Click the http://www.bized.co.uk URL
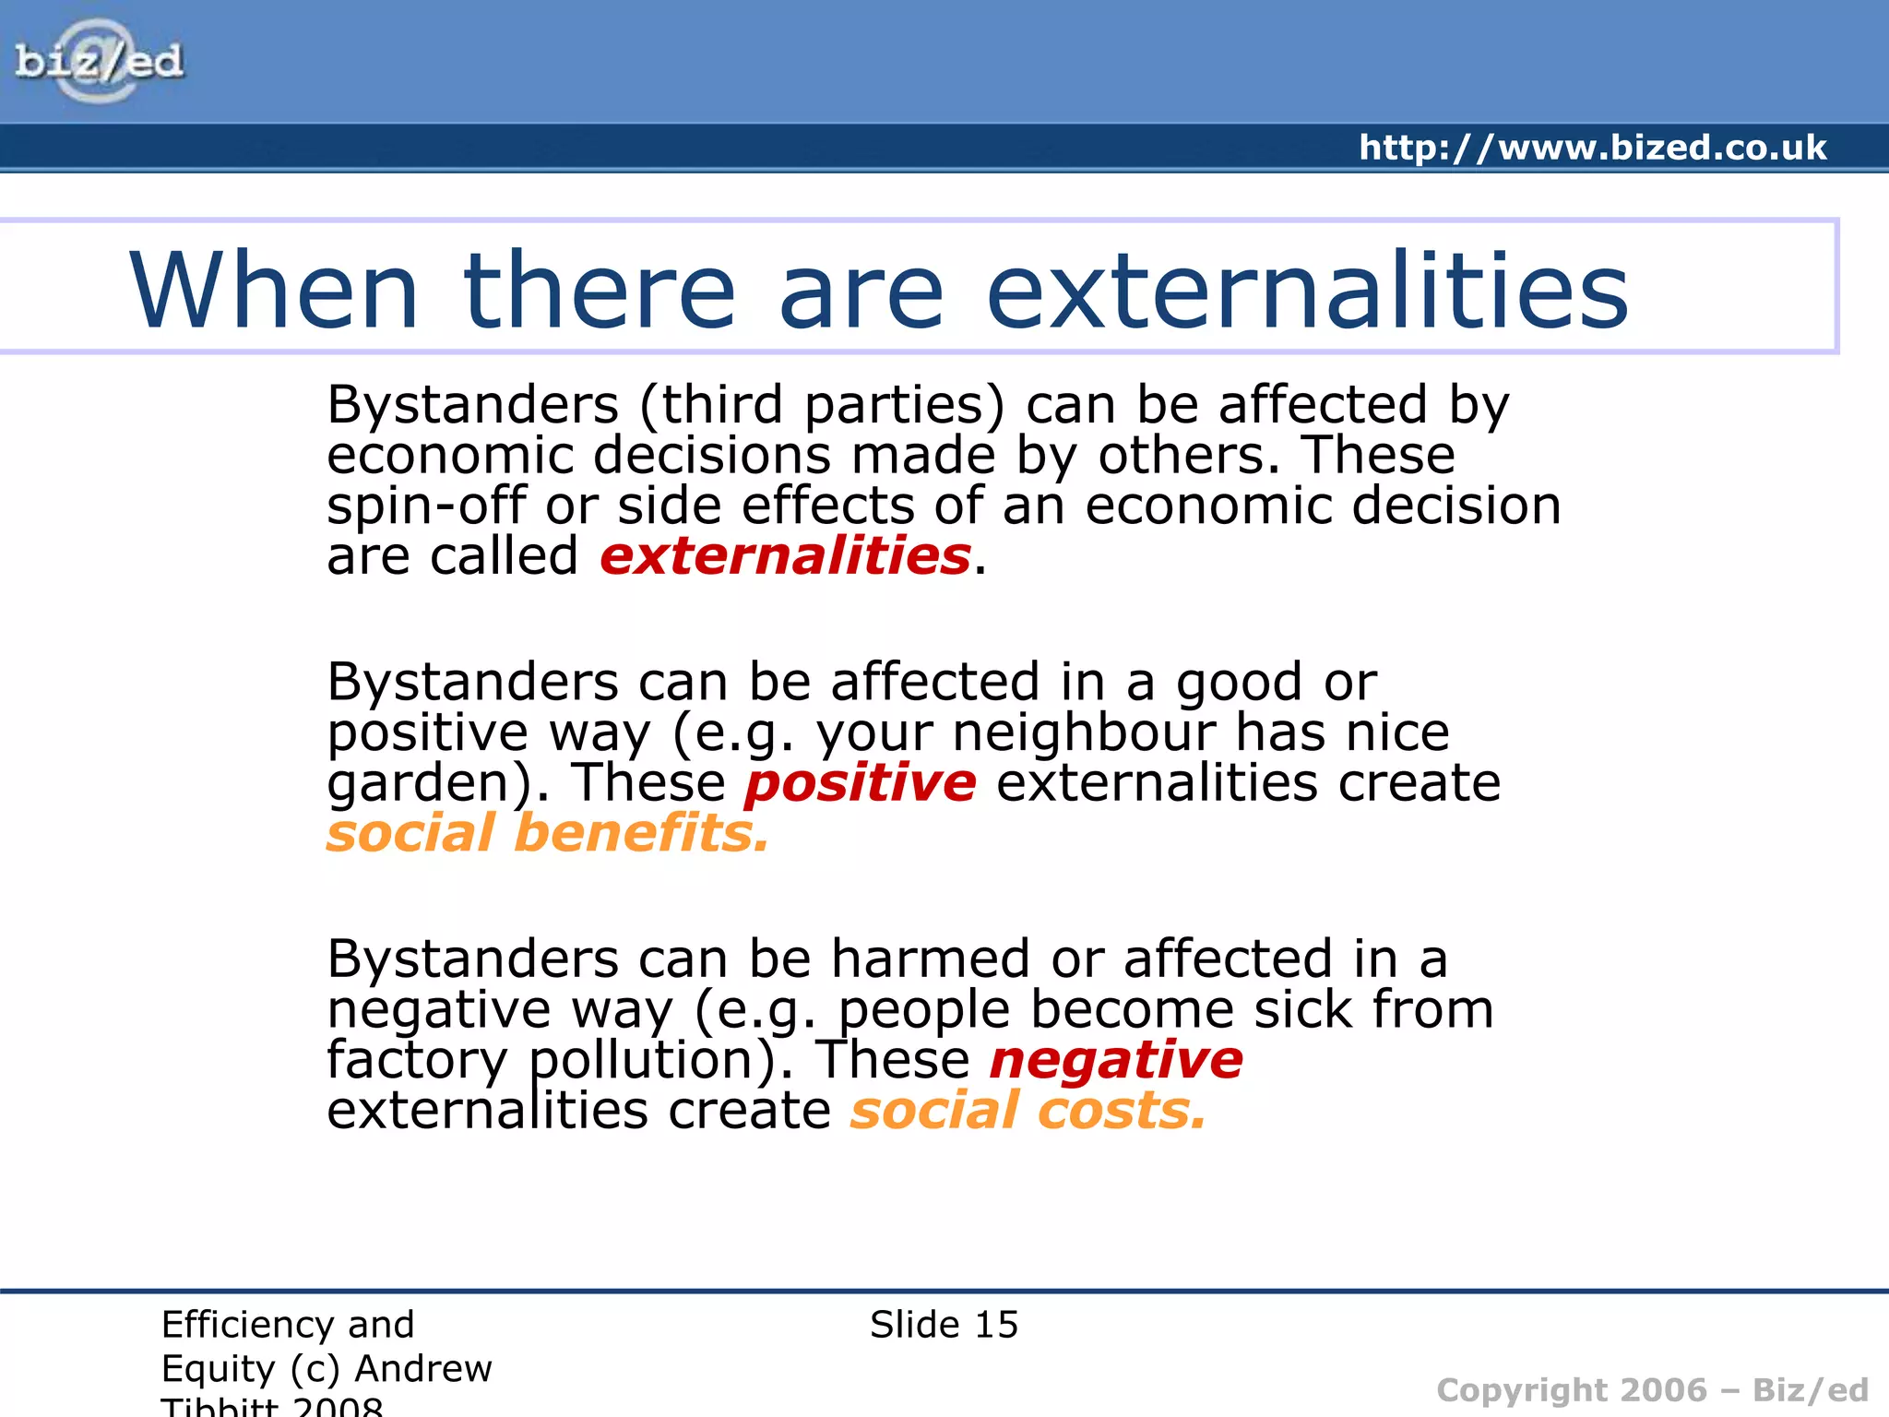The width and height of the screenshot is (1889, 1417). click(1592, 148)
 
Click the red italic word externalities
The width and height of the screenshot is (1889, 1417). click(785, 556)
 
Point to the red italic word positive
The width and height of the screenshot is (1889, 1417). click(860, 783)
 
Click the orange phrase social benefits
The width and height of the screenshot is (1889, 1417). click(547, 833)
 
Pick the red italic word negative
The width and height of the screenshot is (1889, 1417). click(1116, 1060)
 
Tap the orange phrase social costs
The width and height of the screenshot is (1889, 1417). click(1028, 1111)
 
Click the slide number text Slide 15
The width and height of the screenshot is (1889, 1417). click(944, 1325)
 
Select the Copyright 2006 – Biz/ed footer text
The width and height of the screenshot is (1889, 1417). click(1652, 1390)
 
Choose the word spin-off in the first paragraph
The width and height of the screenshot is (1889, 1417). click(425, 506)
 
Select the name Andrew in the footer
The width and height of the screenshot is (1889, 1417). click(423, 1369)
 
